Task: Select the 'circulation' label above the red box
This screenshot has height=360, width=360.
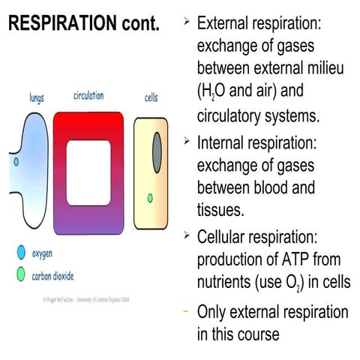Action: coord(88,96)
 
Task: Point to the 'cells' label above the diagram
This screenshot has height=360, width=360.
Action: coord(151,97)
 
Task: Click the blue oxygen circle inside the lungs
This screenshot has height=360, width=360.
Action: coord(16,160)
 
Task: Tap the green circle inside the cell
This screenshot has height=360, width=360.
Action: coord(150,198)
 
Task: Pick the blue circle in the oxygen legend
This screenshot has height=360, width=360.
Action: coord(21,252)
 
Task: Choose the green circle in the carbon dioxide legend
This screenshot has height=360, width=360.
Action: coord(21,274)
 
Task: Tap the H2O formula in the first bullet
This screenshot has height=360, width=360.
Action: coord(214,94)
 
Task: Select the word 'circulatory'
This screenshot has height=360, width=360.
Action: coord(235,117)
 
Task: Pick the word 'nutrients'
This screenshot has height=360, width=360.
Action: coord(225,283)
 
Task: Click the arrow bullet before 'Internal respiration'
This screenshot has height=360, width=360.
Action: coord(186,140)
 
